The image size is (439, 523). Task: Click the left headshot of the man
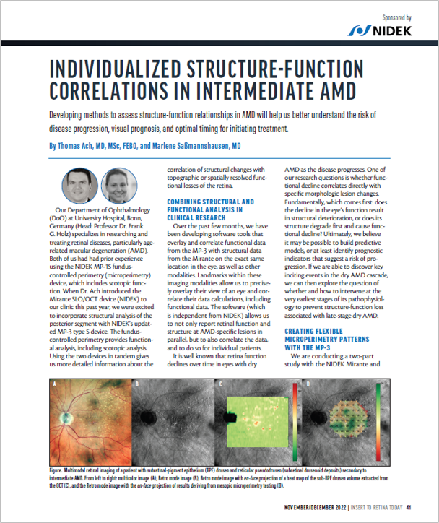(x=76, y=185)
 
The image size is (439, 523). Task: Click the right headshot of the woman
(x=115, y=185)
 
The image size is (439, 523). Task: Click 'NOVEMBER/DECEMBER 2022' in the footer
(x=310, y=506)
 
